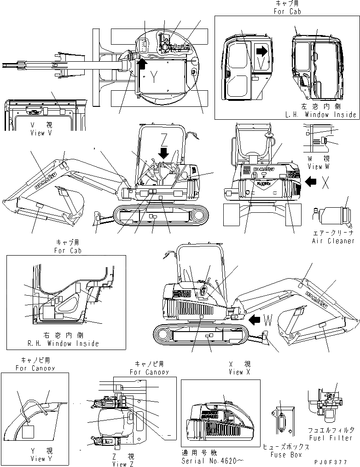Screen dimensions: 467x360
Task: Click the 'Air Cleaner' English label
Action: (333, 241)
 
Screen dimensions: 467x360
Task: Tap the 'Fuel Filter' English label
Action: (331, 438)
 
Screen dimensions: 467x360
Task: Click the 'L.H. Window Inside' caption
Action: (320, 115)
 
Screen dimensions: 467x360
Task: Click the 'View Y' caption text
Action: (38, 459)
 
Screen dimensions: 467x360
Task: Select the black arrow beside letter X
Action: (311, 182)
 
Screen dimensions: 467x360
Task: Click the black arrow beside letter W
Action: (254, 318)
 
